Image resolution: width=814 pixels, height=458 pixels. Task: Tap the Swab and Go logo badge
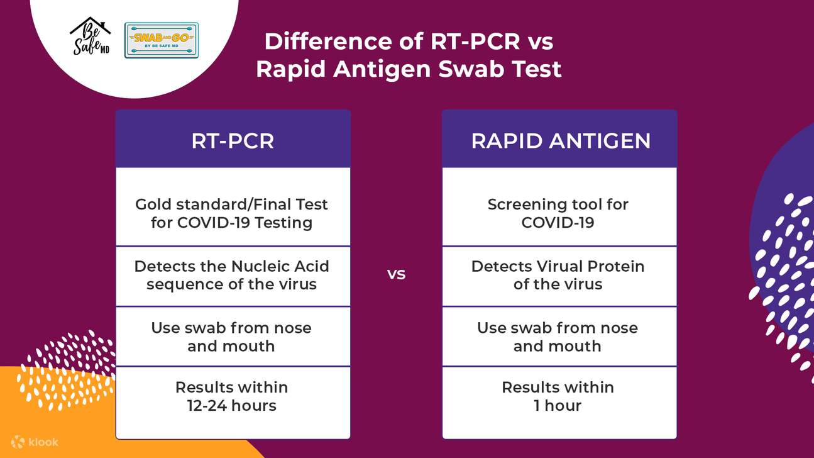pyautogui.click(x=162, y=40)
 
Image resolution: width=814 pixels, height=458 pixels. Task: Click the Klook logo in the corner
pyautogui.click(x=35, y=442)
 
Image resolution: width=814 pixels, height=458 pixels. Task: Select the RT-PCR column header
pyautogui.click(x=233, y=141)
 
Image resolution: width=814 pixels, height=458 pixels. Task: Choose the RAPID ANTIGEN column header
pyautogui.click(x=560, y=141)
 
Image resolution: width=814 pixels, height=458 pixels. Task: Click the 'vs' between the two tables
pyautogui.click(x=396, y=275)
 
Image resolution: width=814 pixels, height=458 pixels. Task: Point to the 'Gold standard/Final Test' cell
pyautogui.click(x=232, y=213)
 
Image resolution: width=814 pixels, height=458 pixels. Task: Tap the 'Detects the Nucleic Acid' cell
pyautogui.click(x=232, y=275)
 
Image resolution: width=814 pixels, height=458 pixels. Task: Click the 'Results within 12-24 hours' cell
pyautogui.click(x=232, y=396)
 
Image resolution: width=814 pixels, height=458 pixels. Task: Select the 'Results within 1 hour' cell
pyautogui.click(x=558, y=396)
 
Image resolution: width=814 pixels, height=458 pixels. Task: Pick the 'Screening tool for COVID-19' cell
pyautogui.click(x=558, y=213)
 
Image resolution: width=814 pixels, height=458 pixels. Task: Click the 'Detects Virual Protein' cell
pyautogui.click(x=558, y=275)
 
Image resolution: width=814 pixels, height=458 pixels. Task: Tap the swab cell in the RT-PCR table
pyautogui.click(x=232, y=337)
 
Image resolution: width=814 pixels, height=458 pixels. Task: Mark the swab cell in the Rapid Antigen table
pyautogui.click(x=558, y=337)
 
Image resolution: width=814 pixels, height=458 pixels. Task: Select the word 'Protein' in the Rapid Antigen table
pyautogui.click(x=616, y=266)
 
